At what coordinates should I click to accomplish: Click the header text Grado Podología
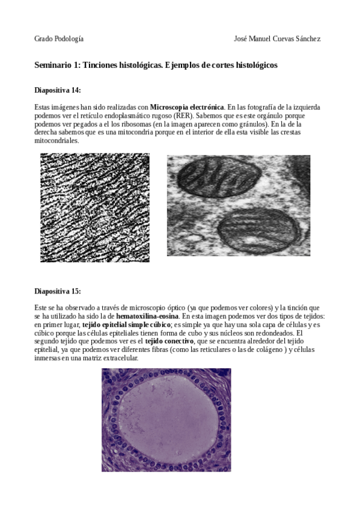click(59, 38)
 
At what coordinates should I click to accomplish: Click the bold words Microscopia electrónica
click(187, 107)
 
